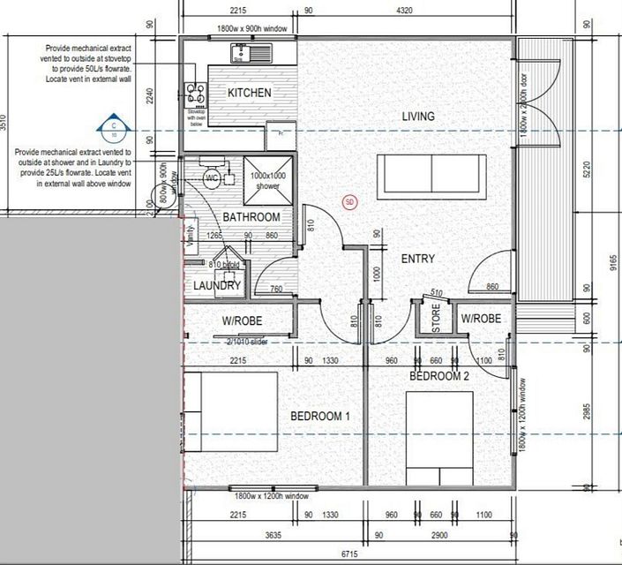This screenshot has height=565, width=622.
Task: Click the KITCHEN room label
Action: [x=249, y=93]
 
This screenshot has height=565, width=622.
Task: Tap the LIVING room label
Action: [x=418, y=117]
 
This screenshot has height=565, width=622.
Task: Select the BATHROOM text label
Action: [x=251, y=217]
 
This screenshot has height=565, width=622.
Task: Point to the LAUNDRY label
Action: [x=216, y=286]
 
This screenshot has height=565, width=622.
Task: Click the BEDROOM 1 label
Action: [x=320, y=416]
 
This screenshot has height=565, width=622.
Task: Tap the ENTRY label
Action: [x=419, y=259]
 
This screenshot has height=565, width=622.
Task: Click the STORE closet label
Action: [x=434, y=319]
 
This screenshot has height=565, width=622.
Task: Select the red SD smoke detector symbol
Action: [x=349, y=202]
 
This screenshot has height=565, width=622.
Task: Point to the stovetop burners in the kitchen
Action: [x=193, y=93]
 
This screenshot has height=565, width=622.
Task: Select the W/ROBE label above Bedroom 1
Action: [x=242, y=320]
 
